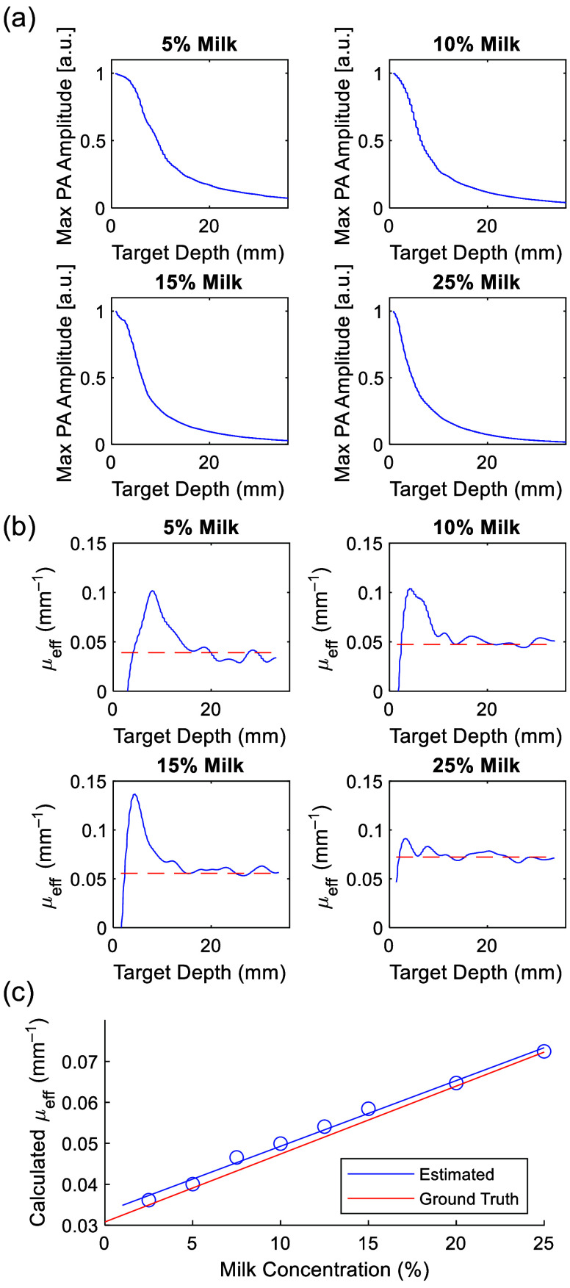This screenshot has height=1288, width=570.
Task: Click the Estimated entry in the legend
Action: pos(456,1174)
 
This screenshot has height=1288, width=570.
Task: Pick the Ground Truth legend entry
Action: pos(469,1199)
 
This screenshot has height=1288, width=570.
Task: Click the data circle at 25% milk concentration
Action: pos(544,1051)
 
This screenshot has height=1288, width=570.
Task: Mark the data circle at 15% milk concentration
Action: pos(368,1109)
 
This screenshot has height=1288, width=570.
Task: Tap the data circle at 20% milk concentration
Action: pos(456,1082)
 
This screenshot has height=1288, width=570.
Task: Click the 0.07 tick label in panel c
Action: pos(80,1062)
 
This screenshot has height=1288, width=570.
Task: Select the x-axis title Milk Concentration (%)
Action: pos(324,1268)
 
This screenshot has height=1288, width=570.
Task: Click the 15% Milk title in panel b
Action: pos(198,765)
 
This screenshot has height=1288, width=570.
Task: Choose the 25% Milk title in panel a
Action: pos(477,282)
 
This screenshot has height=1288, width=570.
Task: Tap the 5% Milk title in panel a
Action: pos(199,45)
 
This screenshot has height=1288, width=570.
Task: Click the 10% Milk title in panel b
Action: pos(477,528)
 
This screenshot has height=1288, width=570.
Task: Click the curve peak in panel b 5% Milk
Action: pos(152,591)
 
